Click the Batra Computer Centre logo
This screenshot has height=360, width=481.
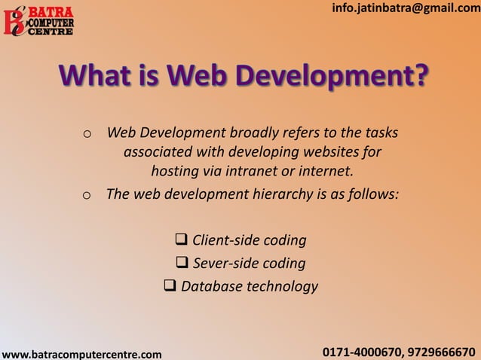(x=39, y=20)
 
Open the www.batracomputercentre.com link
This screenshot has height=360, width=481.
(x=81, y=353)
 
